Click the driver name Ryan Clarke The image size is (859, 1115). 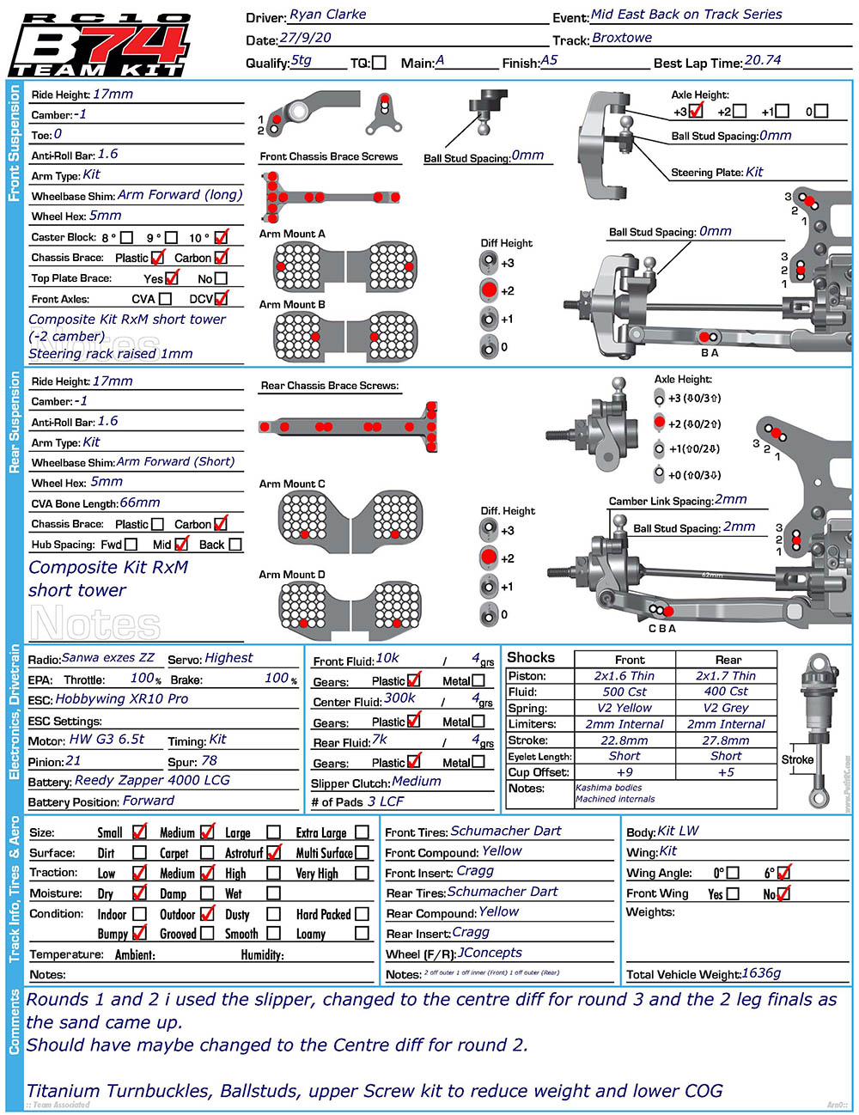(x=327, y=15)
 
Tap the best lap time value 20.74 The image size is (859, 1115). (x=763, y=60)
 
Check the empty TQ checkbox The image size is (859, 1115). (x=380, y=63)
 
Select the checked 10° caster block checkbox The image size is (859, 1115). (x=221, y=236)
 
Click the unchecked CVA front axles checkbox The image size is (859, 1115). (x=165, y=299)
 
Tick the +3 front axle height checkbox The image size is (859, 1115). (x=696, y=111)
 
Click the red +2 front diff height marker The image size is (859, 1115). (x=489, y=290)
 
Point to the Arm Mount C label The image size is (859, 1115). (x=292, y=484)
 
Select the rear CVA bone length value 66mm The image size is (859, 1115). (x=140, y=503)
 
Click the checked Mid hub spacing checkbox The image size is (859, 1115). (x=181, y=544)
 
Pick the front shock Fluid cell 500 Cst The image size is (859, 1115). (x=624, y=692)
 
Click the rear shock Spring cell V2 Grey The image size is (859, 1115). (x=726, y=708)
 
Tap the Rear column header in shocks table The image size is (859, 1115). (x=728, y=660)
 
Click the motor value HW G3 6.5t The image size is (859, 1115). (x=107, y=739)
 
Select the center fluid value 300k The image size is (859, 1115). (x=399, y=698)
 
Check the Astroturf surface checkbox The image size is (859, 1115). (x=274, y=853)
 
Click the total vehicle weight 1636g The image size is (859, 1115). (x=761, y=973)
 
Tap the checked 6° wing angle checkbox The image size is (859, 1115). (x=783, y=873)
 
